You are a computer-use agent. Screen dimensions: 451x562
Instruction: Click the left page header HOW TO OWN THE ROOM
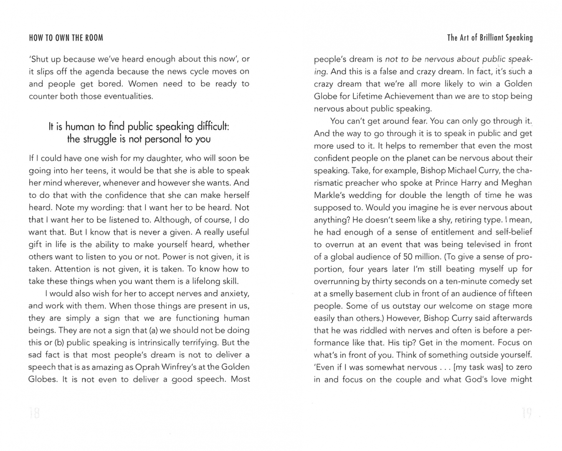(x=66, y=38)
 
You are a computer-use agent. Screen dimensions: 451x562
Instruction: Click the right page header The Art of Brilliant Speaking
(x=490, y=38)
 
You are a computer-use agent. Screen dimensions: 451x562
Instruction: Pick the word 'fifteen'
(x=516, y=294)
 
